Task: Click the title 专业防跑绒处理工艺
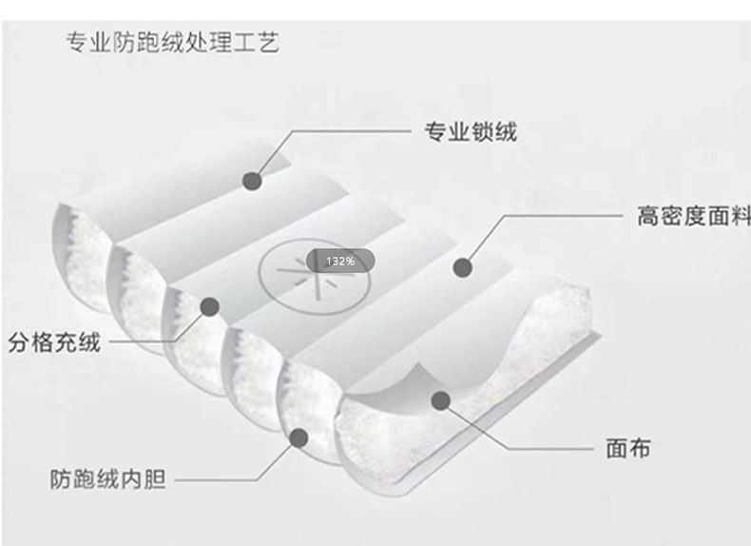pos(172,43)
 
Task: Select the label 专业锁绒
pos(470,132)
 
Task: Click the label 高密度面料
pos(693,216)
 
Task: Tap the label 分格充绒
pos(54,342)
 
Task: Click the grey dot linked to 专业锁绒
pos(252,180)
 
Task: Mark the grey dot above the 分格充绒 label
pos(209,306)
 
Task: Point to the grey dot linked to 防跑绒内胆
pos(298,439)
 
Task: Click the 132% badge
pos(339,261)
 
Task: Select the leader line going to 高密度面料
pos(561,216)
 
